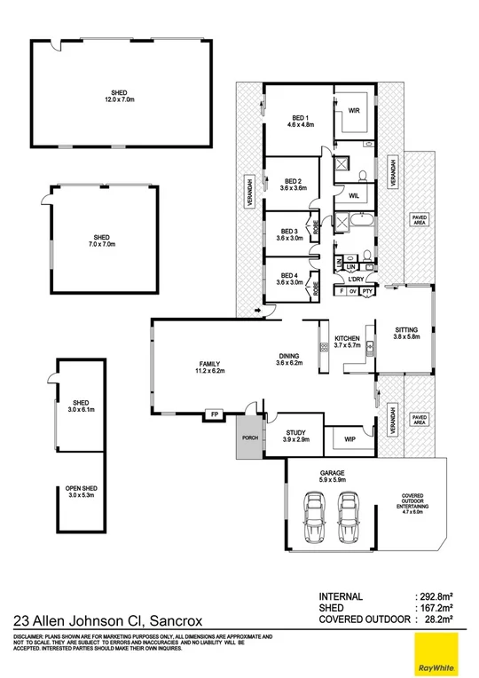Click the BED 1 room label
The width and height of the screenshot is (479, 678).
[x=301, y=118]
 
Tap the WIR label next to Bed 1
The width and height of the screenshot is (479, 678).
[x=352, y=112]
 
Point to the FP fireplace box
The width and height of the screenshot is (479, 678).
[x=213, y=414]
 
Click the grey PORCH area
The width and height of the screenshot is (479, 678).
[x=249, y=438]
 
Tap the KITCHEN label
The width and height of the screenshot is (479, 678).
[x=346, y=340]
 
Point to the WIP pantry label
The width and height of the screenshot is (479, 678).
[x=349, y=438]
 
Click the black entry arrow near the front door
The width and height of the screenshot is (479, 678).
[x=257, y=311]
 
